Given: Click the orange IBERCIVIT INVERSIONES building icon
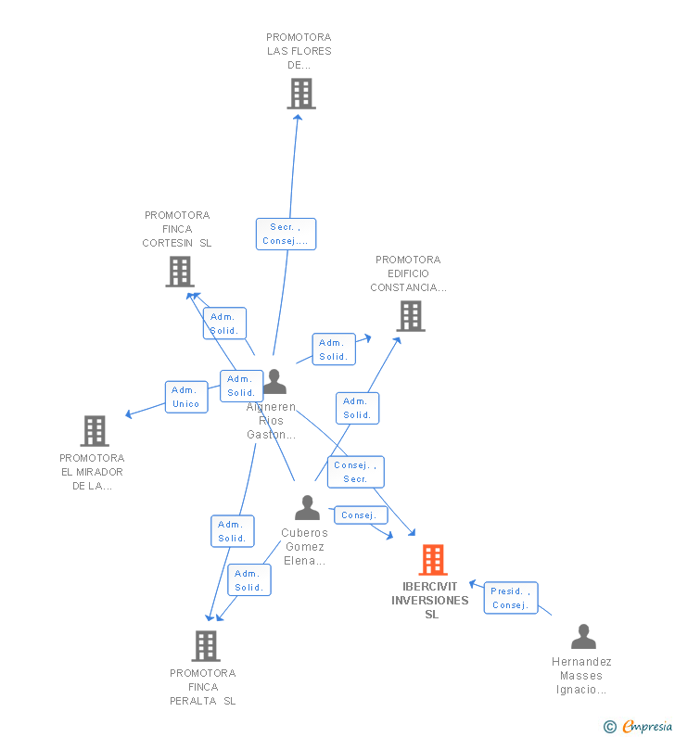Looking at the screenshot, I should (x=432, y=560).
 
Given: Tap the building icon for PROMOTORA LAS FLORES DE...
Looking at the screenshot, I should (x=300, y=94).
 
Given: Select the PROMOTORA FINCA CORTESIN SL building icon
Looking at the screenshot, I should (x=179, y=272).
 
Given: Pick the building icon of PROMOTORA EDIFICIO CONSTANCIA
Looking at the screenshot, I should (x=410, y=316).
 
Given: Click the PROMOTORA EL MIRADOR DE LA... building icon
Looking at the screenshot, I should (x=94, y=431).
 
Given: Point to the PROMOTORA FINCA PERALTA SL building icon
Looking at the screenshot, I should (x=205, y=646).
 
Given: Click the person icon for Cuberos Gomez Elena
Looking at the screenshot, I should (x=307, y=508).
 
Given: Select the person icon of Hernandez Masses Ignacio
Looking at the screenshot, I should (x=583, y=637).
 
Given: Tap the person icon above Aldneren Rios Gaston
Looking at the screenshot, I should (x=274, y=382).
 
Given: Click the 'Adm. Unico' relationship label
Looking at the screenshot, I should (x=186, y=397).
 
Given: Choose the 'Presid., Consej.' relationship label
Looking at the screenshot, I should (x=510, y=598).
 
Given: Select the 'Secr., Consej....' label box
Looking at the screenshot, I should (x=286, y=234).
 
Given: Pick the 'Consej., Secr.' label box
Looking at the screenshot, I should (x=355, y=472).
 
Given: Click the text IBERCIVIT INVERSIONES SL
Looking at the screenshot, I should (x=430, y=600).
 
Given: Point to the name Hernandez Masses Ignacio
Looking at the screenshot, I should (x=581, y=675).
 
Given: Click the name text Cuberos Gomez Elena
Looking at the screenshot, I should (x=305, y=547).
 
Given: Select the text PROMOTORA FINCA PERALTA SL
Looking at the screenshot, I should (x=203, y=687).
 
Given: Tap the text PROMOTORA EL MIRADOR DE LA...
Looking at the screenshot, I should (x=92, y=472).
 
